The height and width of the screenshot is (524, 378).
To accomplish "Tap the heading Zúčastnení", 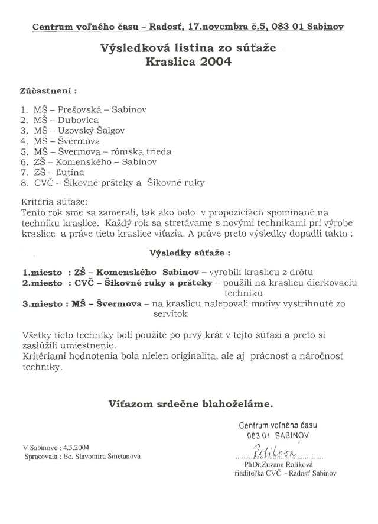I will click(x=49, y=92).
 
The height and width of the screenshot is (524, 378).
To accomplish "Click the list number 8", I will click(x=24, y=183).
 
